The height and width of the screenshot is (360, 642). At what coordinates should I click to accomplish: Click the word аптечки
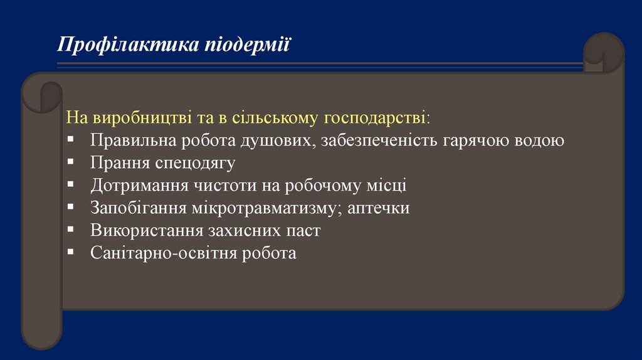click(376, 208)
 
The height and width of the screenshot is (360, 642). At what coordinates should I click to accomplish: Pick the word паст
click(302, 231)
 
